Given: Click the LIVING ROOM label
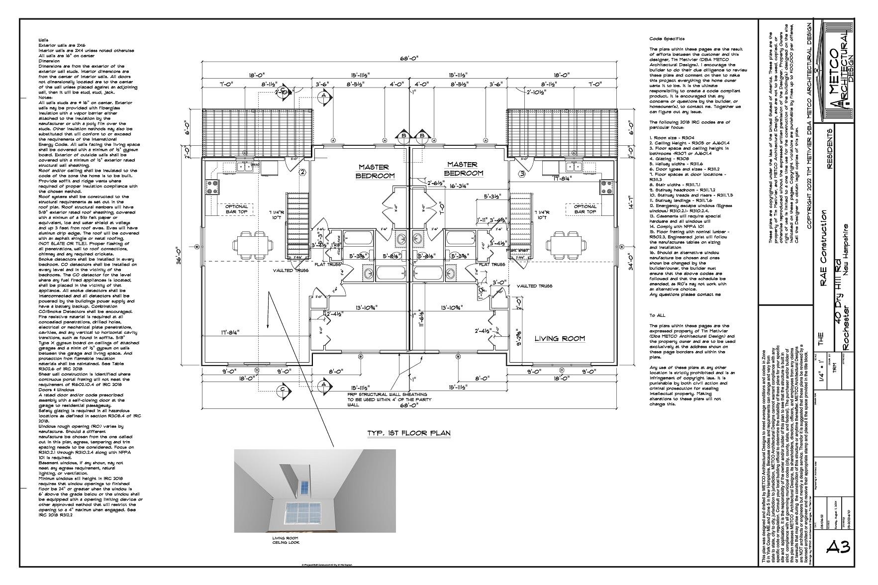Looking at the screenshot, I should tap(560, 339).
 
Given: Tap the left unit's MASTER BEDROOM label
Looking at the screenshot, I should tap(376, 172).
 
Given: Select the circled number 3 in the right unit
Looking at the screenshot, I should tap(522, 174).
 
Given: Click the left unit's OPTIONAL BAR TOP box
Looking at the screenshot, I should tap(237, 209).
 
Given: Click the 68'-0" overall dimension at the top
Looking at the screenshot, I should tap(410, 58).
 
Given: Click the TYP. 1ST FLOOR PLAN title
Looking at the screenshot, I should tap(408, 433).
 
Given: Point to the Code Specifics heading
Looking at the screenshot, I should tap(667, 39).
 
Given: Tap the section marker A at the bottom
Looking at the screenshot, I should tap(323, 385).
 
